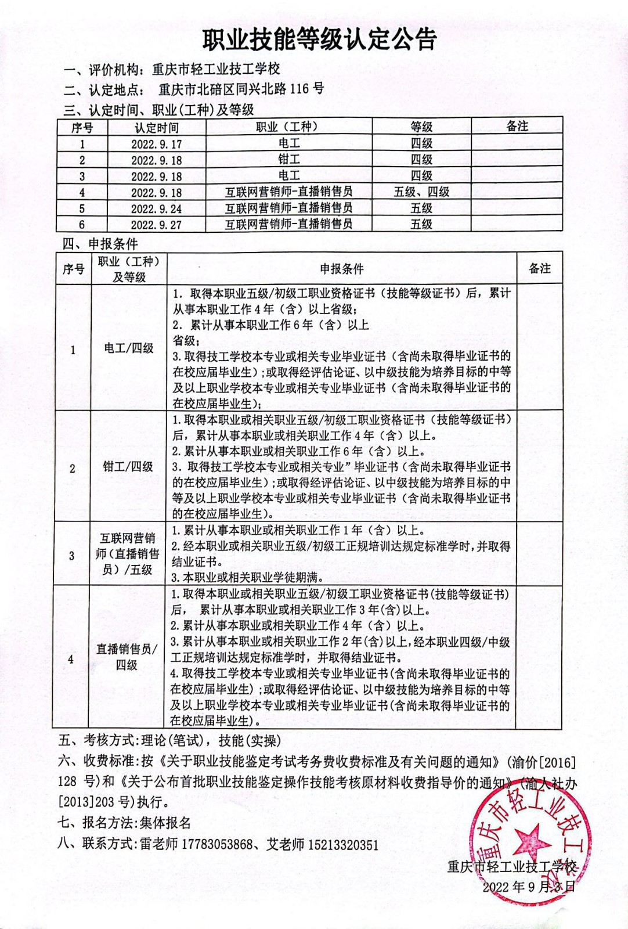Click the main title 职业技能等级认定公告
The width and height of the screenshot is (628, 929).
tap(319, 39)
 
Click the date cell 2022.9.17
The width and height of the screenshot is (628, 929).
tap(156, 144)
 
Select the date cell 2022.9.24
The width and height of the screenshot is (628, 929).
tap(156, 208)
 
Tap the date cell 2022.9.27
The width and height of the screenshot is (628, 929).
tap(156, 225)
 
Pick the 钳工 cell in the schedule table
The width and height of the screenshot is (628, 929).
tap(288, 160)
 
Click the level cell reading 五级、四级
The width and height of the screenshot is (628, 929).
tap(421, 192)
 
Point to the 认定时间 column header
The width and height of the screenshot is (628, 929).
tap(156, 128)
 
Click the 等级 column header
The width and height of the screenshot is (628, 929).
tap(421, 127)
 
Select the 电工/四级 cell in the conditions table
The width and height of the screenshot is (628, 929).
tap(128, 348)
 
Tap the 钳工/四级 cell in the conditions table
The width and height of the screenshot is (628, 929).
tap(128, 467)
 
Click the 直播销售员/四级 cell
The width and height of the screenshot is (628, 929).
tap(127, 657)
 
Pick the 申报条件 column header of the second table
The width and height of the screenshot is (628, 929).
tap(341, 269)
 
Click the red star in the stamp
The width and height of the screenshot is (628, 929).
tap(530, 840)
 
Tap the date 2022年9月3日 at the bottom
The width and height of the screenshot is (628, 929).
tap(528, 887)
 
